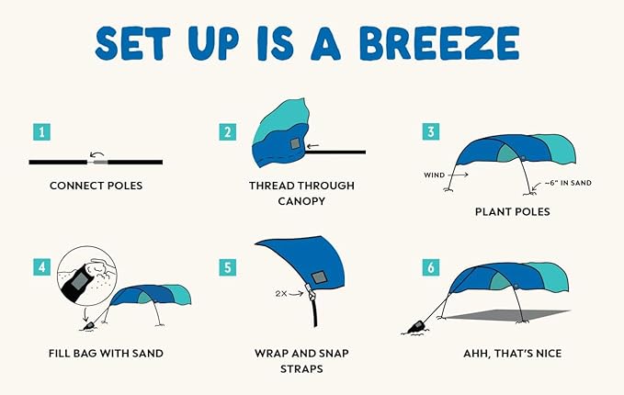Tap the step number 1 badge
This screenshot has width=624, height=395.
[40, 133]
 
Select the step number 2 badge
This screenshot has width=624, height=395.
[228, 132]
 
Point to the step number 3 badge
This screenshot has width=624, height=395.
[430, 132]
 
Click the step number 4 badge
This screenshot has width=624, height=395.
[40, 268]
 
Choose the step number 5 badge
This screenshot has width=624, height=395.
[228, 268]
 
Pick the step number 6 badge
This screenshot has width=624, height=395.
[430, 268]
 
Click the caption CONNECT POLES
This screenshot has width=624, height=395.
[96, 186]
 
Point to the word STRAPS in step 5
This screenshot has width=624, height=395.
[301, 368]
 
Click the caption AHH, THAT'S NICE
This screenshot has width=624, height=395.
[512, 352]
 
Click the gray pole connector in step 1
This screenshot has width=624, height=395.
[99, 162]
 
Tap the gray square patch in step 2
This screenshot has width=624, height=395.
[294, 144]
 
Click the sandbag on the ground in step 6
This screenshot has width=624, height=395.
[415, 326]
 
